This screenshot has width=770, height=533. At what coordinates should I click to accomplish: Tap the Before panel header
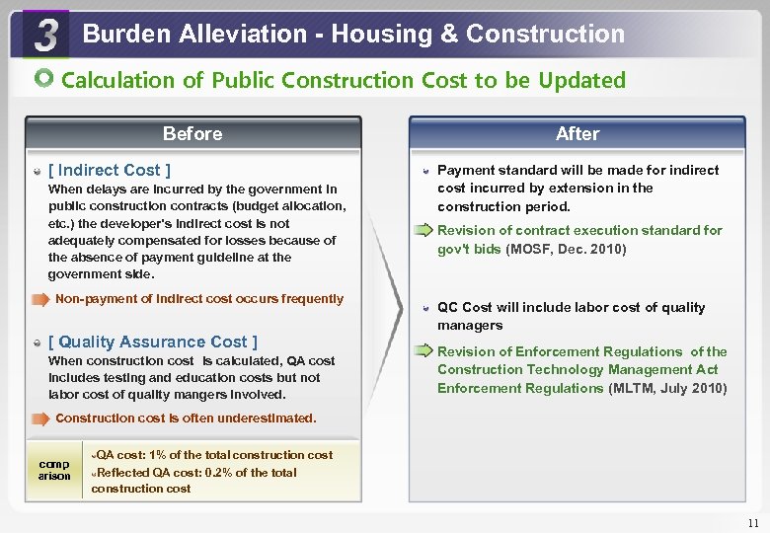coord(192,133)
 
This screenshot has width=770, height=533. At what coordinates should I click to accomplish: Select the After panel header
coord(577,133)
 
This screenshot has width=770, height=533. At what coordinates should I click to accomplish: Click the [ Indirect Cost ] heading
coord(109,170)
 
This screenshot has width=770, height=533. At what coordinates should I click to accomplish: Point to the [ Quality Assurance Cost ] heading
coord(152,342)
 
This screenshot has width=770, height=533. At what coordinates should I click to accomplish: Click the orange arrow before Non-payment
coord(39,299)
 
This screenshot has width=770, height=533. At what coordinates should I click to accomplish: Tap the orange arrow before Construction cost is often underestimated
coord(39,419)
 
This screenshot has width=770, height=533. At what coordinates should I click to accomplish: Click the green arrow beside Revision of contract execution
coord(423,231)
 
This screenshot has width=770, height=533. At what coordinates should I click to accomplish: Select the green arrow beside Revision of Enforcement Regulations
coord(423,351)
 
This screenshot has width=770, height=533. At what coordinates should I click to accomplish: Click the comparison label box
coord(53,469)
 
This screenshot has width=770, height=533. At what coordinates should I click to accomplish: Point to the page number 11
coord(753,523)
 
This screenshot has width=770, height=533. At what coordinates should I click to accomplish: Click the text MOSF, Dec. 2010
coord(566,249)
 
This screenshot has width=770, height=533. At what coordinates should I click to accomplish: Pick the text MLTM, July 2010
coord(667,388)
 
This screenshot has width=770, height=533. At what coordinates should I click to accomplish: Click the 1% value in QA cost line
coord(160,455)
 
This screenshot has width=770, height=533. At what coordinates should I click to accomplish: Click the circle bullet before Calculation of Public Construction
coord(44,79)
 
